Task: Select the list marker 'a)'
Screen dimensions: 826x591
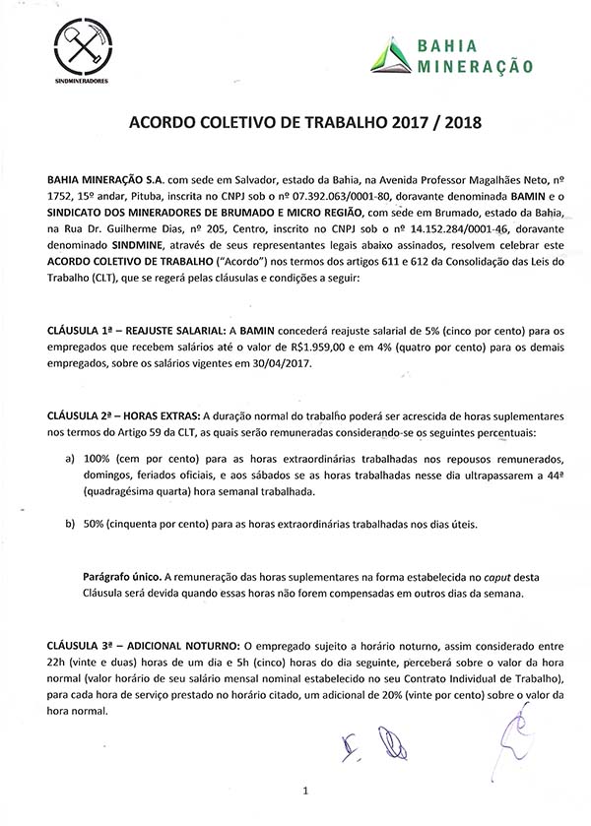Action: click(69, 460)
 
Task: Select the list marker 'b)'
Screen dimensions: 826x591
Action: click(69, 524)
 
